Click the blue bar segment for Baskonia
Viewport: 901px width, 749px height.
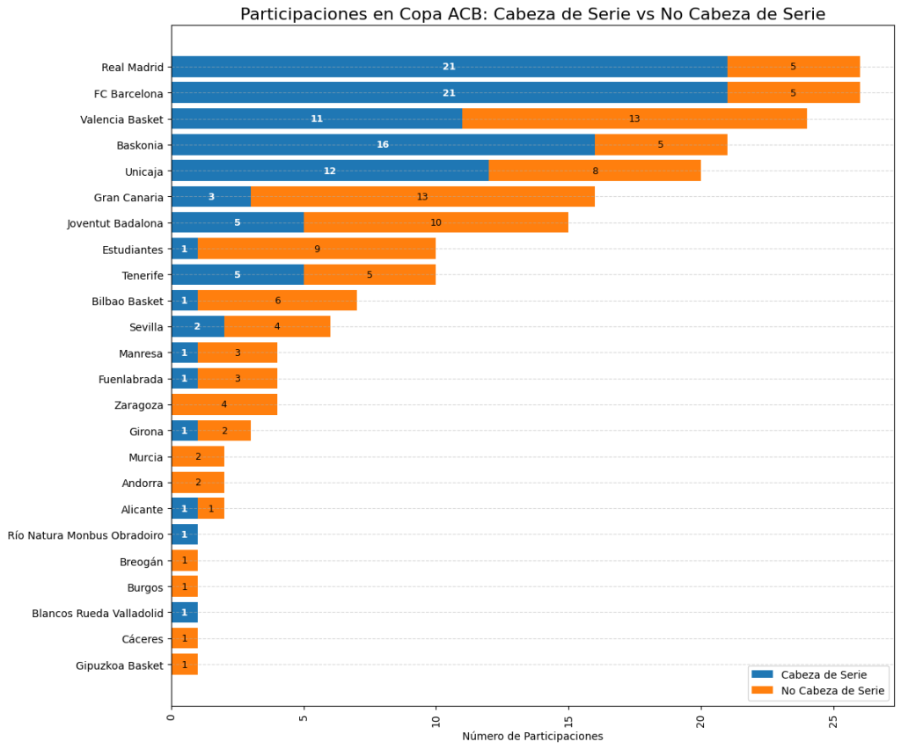point(383,144)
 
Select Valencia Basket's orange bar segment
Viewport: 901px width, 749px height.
point(634,119)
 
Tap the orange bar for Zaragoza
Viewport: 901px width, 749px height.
point(224,405)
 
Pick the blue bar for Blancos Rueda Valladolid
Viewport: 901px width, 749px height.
point(185,613)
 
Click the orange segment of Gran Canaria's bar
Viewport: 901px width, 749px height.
point(422,197)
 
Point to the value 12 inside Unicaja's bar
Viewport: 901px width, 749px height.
point(330,171)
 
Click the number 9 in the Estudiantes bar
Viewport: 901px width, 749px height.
point(317,249)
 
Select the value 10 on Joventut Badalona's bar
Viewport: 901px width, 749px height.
point(436,222)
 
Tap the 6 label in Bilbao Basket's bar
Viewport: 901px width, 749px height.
point(277,301)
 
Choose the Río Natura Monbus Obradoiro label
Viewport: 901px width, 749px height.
point(85,534)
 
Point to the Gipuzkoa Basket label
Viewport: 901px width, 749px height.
point(120,665)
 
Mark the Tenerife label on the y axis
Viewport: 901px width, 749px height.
point(143,275)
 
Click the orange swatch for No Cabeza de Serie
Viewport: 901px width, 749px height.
point(763,692)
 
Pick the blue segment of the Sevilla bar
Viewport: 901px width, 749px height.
point(198,327)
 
